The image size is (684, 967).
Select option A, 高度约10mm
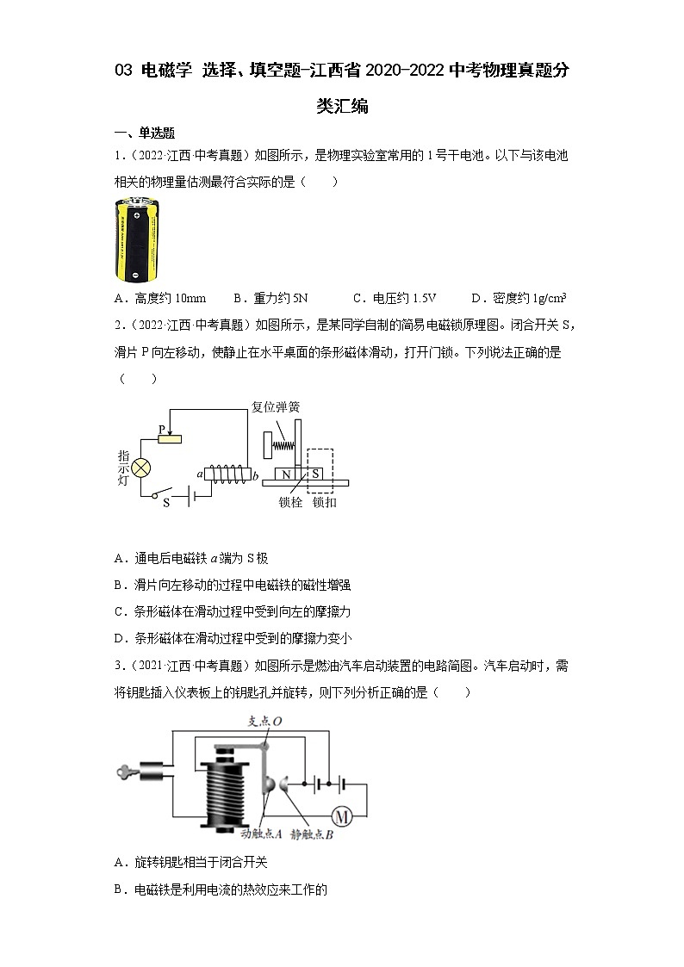tap(160, 299)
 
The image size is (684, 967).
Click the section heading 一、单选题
tap(145, 133)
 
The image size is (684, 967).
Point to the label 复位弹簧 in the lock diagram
tap(276, 406)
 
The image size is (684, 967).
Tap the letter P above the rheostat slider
tap(160, 428)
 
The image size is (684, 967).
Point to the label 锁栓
tap(290, 502)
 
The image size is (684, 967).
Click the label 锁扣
tap(324, 502)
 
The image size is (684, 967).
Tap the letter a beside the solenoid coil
tap(200, 474)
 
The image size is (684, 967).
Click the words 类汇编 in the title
tap(342, 106)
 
